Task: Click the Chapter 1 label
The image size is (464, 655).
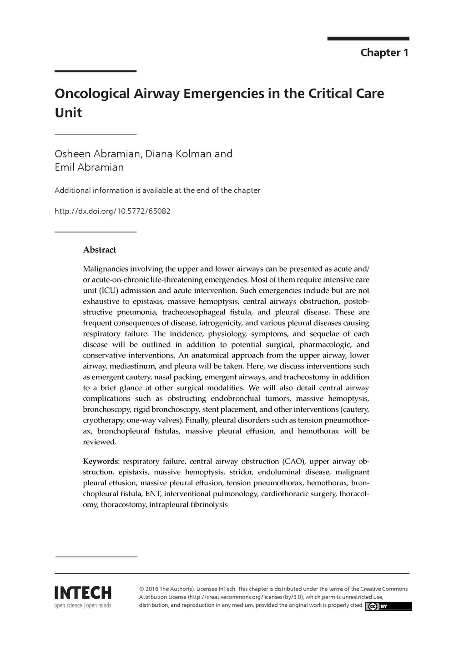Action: click(384, 53)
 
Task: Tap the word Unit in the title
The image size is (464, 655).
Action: click(68, 113)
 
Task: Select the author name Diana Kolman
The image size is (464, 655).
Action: click(178, 154)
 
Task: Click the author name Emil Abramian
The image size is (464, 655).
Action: click(89, 167)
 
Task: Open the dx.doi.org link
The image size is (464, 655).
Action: click(112, 212)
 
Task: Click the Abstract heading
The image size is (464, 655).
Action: click(100, 250)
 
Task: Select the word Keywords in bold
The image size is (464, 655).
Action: click(100, 461)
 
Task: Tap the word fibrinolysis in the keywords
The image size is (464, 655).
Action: click(208, 504)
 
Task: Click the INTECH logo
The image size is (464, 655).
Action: click(83, 593)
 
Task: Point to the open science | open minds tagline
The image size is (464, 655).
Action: click(83, 605)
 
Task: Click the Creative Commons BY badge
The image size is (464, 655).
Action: click(388, 606)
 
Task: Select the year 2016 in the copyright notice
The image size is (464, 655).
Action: click(151, 589)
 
